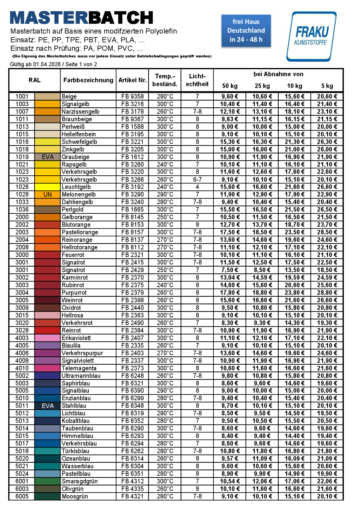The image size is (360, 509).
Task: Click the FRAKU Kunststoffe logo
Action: (x=311, y=36)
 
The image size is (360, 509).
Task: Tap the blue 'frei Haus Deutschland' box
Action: (x=246, y=31)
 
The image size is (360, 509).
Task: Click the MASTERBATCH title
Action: (x=82, y=18)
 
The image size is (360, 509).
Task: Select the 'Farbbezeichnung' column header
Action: (x=88, y=80)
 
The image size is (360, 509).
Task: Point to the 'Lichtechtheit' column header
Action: (x=197, y=80)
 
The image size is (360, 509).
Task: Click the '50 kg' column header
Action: (x=230, y=86)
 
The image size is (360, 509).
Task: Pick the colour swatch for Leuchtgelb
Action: (x=47, y=187)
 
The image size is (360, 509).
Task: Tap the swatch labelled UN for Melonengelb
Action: (x=47, y=194)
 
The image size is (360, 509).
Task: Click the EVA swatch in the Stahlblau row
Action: (x=47, y=406)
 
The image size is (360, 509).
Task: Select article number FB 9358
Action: (x=132, y=96)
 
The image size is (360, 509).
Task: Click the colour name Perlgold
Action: (x=73, y=209)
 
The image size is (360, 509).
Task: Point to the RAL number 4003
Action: (x=22, y=338)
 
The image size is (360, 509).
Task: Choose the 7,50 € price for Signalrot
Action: (x=230, y=270)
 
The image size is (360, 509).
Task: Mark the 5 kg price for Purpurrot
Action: (x=327, y=293)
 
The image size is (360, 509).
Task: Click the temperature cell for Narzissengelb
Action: (x=165, y=112)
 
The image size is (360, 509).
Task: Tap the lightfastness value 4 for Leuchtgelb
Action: (x=197, y=187)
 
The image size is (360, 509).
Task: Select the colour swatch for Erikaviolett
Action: (x=47, y=338)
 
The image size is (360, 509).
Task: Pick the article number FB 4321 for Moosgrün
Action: (x=132, y=496)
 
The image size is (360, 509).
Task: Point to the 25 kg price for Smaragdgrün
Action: (x=262, y=481)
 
